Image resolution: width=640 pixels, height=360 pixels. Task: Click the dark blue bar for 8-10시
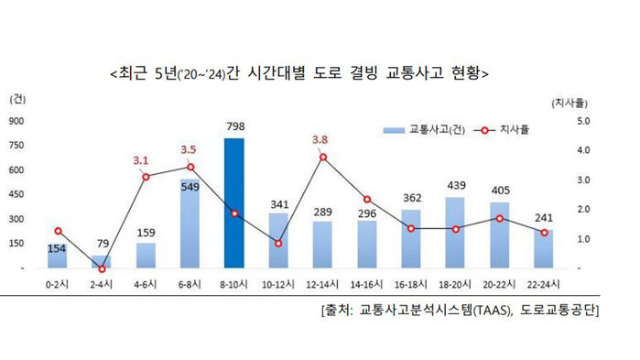[233, 203]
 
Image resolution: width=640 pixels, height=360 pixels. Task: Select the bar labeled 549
[190, 224]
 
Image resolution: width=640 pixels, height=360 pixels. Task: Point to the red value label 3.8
[321, 139]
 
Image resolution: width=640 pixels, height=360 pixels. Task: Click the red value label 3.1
[141, 159]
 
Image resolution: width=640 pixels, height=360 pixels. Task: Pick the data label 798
[233, 125]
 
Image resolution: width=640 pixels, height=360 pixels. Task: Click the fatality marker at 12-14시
[322, 158]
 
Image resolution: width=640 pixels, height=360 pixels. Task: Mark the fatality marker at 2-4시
[102, 268]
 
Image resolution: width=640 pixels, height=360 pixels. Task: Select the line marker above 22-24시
[544, 233]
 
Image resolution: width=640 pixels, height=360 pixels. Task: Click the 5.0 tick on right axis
[584, 121]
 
